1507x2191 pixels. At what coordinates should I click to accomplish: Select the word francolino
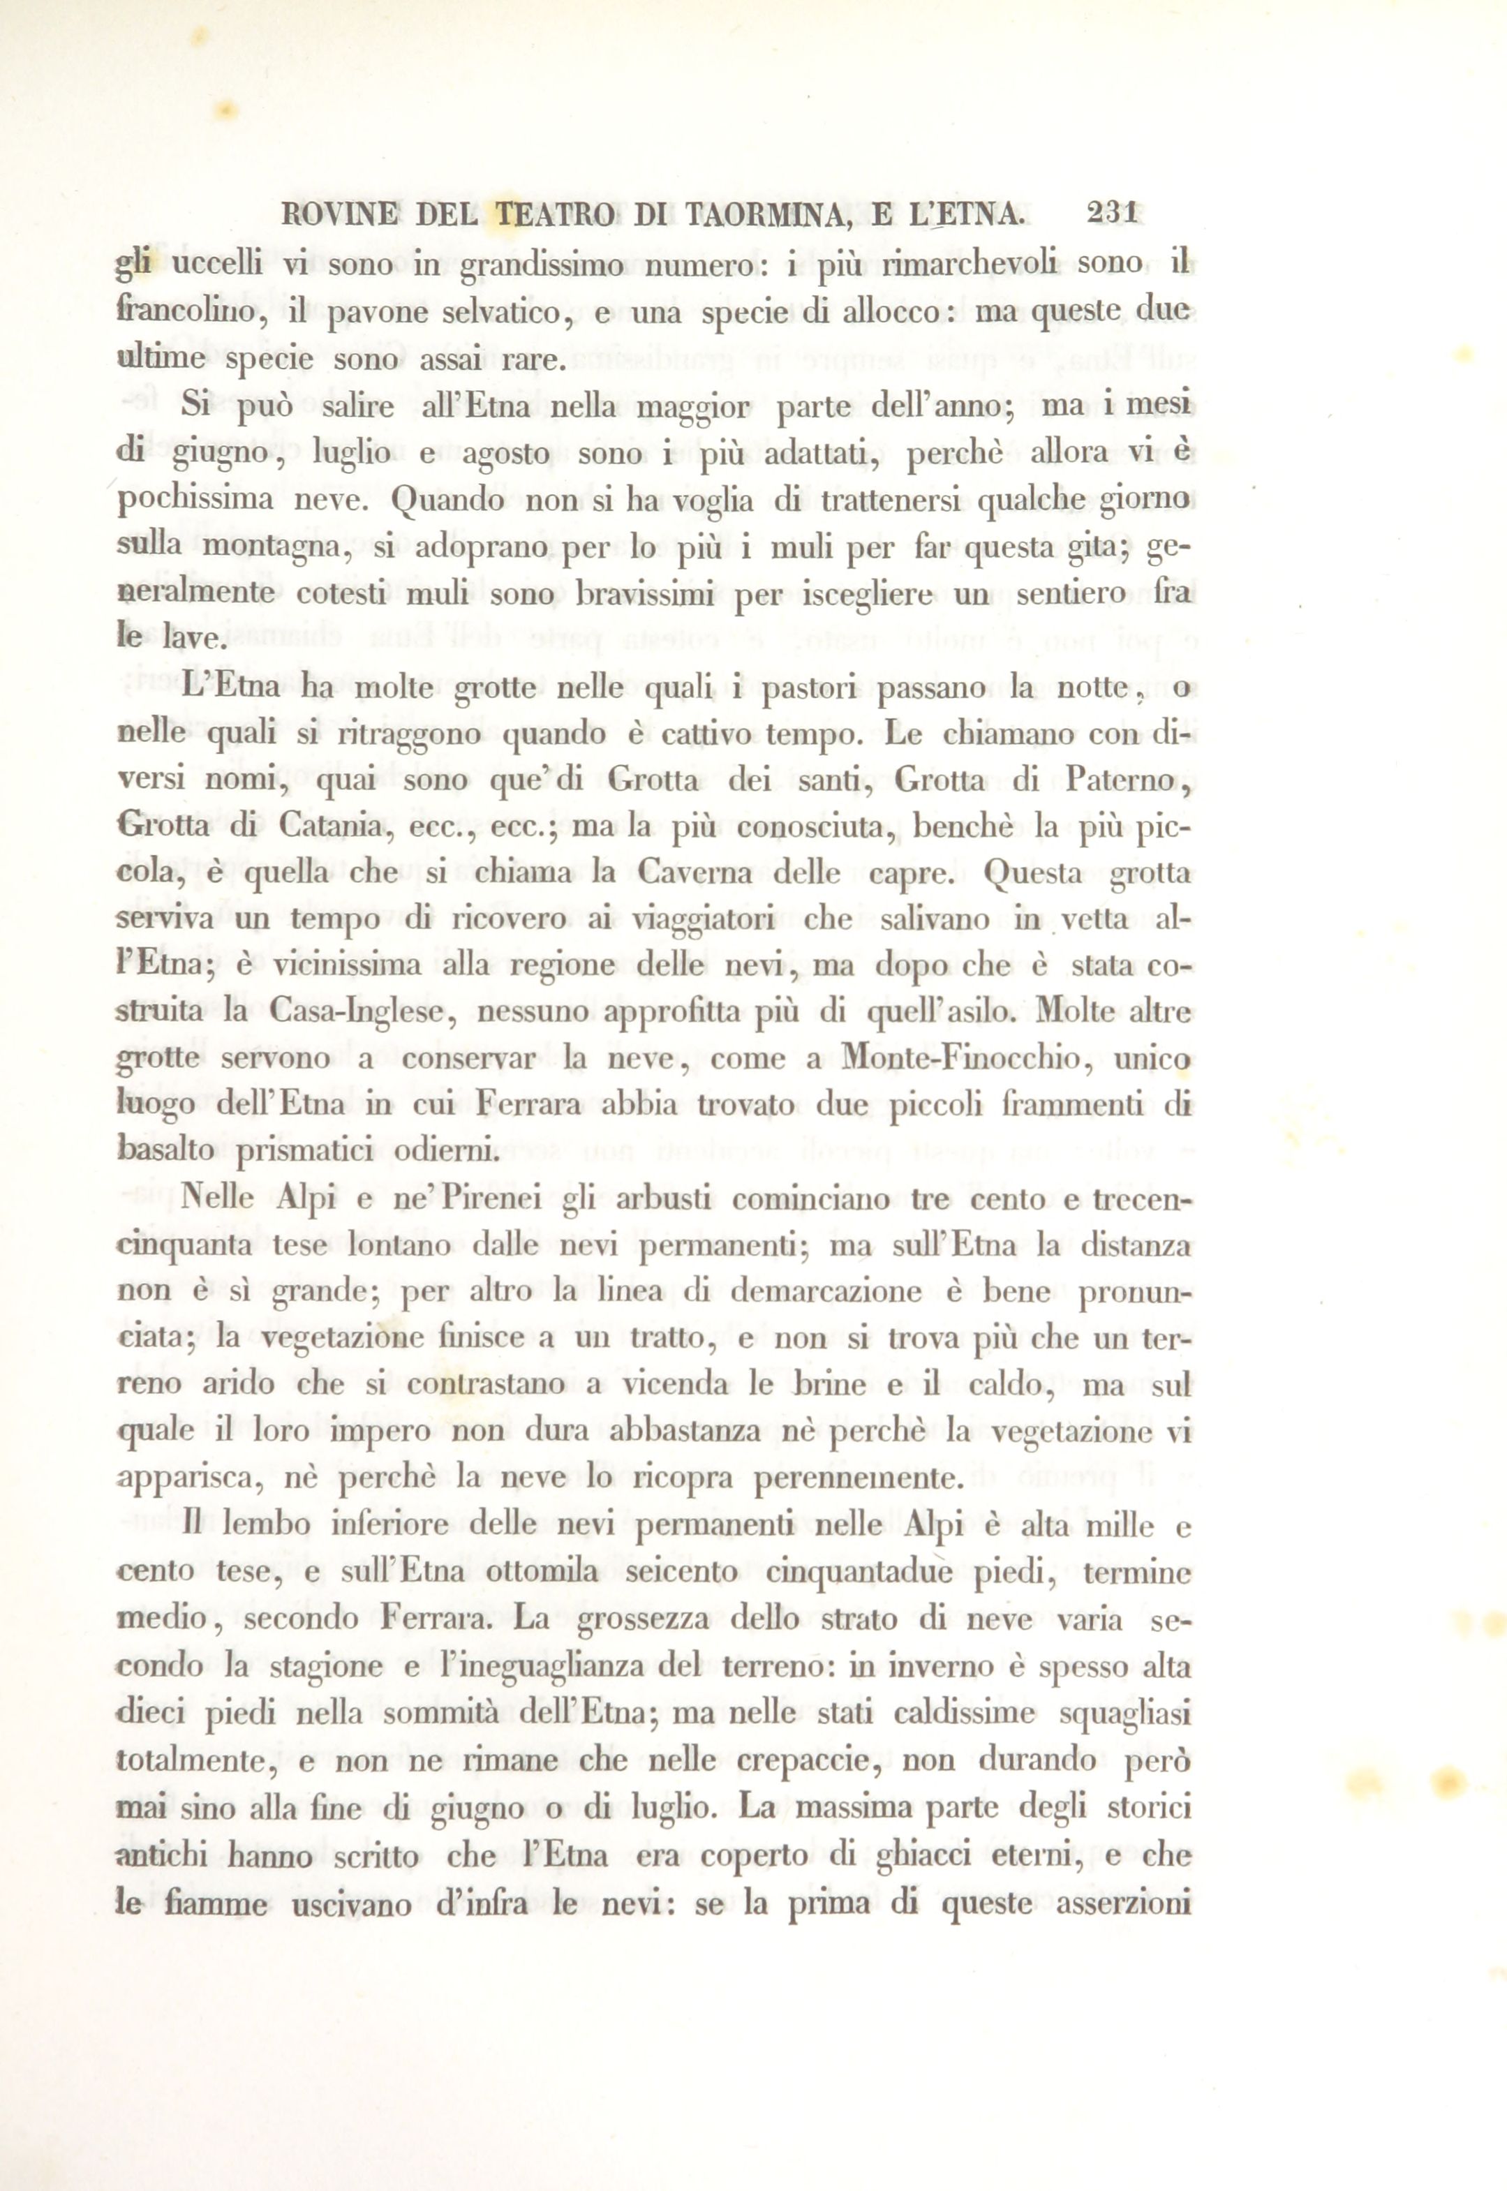[x=184, y=313]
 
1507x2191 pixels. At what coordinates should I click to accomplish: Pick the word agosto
[x=498, y=454]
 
